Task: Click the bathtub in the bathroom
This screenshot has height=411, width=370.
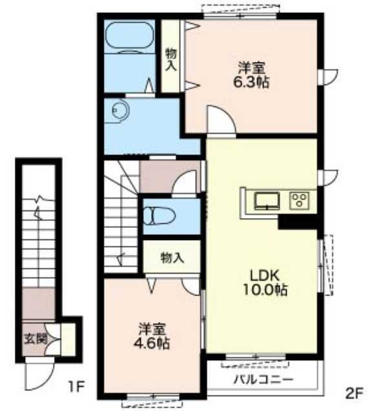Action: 129,38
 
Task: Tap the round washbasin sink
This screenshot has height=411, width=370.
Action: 119,110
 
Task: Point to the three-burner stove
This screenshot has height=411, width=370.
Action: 300,200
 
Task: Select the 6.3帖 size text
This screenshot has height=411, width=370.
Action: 252,82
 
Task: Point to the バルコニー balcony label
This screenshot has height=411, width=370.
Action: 263,379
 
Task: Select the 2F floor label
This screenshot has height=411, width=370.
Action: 354,392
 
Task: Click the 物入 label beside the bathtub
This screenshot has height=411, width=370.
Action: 170,59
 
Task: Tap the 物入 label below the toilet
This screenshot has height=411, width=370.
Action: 172,257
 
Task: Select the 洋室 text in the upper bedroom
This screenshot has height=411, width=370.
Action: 252,66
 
